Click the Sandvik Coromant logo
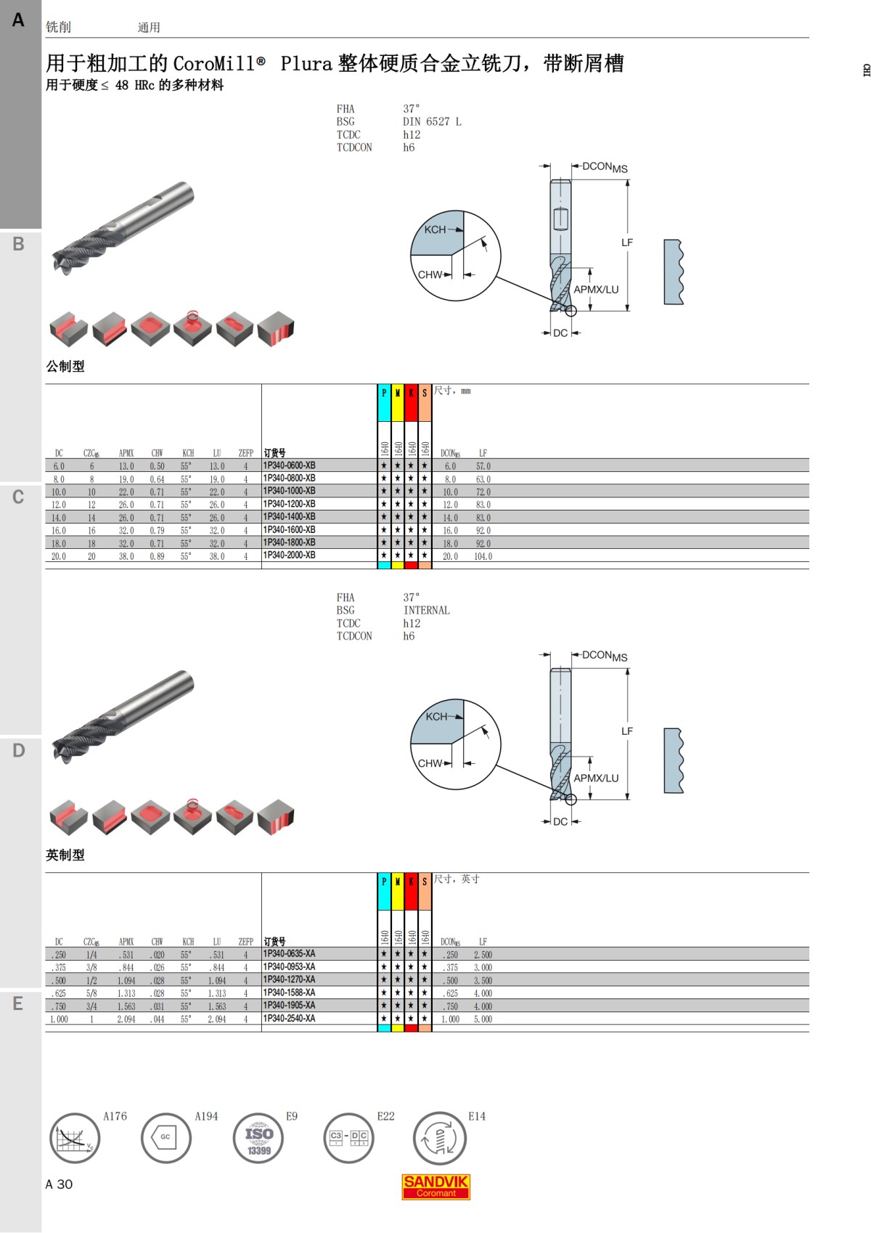click(435, 1187)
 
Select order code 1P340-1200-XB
click(289, 504)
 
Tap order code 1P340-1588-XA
click(289, 993)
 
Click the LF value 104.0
click(483, 556)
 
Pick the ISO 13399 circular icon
click(258, 1138)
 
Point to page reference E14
click(476, 1116)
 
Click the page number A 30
click(59, 1184)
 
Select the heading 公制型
click(65, 366)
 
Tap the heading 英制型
click(65, 855)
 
